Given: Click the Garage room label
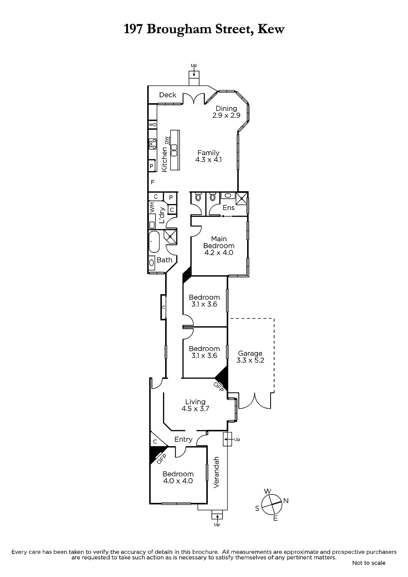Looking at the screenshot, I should click(x=250, y=357).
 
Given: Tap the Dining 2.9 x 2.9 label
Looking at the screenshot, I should click(x=226, y=112).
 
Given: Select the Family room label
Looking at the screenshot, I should click(x=208, y=156).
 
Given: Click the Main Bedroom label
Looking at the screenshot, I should click(x=219, y=246).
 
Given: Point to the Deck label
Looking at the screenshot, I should click(x=168, y=95).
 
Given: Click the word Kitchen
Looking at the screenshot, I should click(x=164, y=159).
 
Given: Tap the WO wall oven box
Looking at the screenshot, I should click(x=153, y=124).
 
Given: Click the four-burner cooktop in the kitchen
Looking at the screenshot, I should click(x=153, y=144).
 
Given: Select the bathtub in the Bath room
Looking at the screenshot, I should click(x=154, y=242).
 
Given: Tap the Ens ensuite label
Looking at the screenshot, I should click(x=228, y=208).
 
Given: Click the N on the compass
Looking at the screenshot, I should click(x=286, y=501).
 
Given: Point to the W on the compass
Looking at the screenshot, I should click(x=268, y=491).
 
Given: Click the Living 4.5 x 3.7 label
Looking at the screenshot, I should click(x=196, y=405).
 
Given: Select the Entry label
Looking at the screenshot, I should click(x=183, y=439).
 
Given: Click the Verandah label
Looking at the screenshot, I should click(x=216, y=472).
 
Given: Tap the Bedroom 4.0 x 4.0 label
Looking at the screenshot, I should click(x=178, y=477).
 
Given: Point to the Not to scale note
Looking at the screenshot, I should click(x=369, y=563).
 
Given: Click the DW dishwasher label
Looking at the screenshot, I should click(x=167, y=140).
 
